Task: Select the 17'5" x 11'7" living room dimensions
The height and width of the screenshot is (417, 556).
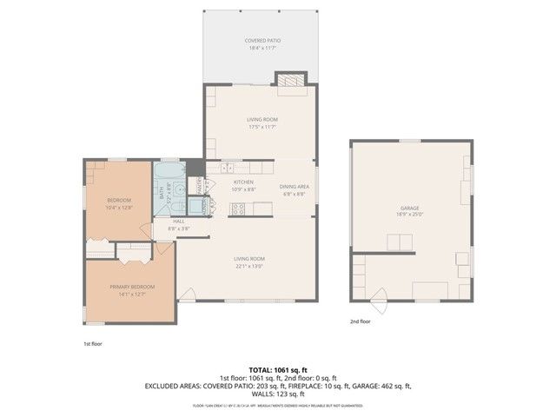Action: point(260,127)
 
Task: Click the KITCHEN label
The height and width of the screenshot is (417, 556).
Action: point(242,182)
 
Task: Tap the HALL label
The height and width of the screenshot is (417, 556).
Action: point(179,221)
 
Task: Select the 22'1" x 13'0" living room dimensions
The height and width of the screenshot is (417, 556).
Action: point(248,265)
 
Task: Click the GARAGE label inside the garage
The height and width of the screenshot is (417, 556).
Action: point(410,208)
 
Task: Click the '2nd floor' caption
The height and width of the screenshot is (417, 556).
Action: point(360,321)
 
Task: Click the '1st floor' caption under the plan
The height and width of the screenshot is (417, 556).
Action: point(93,344)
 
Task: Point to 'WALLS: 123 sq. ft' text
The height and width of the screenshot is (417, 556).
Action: point(277,393)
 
